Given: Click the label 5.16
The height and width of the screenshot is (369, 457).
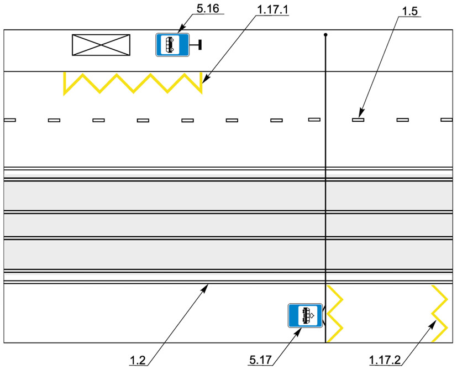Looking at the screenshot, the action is [208, 9].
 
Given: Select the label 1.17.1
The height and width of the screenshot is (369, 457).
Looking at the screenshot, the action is [272, 9].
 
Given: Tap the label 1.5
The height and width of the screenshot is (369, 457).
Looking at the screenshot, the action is [410, 12].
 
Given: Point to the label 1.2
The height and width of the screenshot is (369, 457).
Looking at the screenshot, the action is [138, 361].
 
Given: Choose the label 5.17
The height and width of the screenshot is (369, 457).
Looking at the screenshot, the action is [261, 360].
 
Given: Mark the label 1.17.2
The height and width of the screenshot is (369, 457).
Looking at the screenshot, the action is [385, 360].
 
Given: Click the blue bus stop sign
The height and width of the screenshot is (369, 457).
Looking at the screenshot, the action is [172, 45].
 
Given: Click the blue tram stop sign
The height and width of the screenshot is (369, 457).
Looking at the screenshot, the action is [305, 315].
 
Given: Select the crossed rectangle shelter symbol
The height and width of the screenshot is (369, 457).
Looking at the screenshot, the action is [101, 45].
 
